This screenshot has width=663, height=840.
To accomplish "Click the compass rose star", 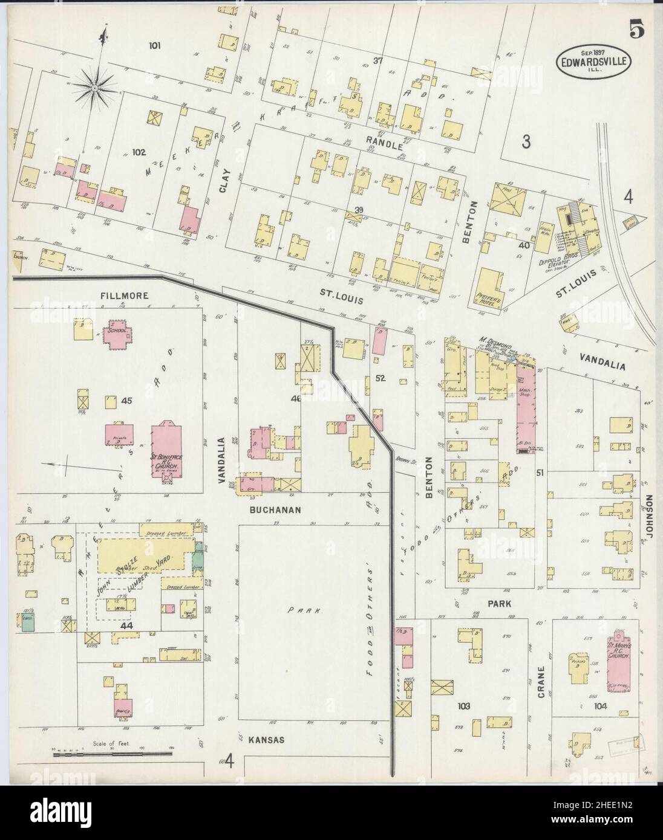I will tap(95, 89).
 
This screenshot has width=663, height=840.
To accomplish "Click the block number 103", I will tap(464, 705).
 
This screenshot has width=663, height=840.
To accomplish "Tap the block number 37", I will tap(379, 60).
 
